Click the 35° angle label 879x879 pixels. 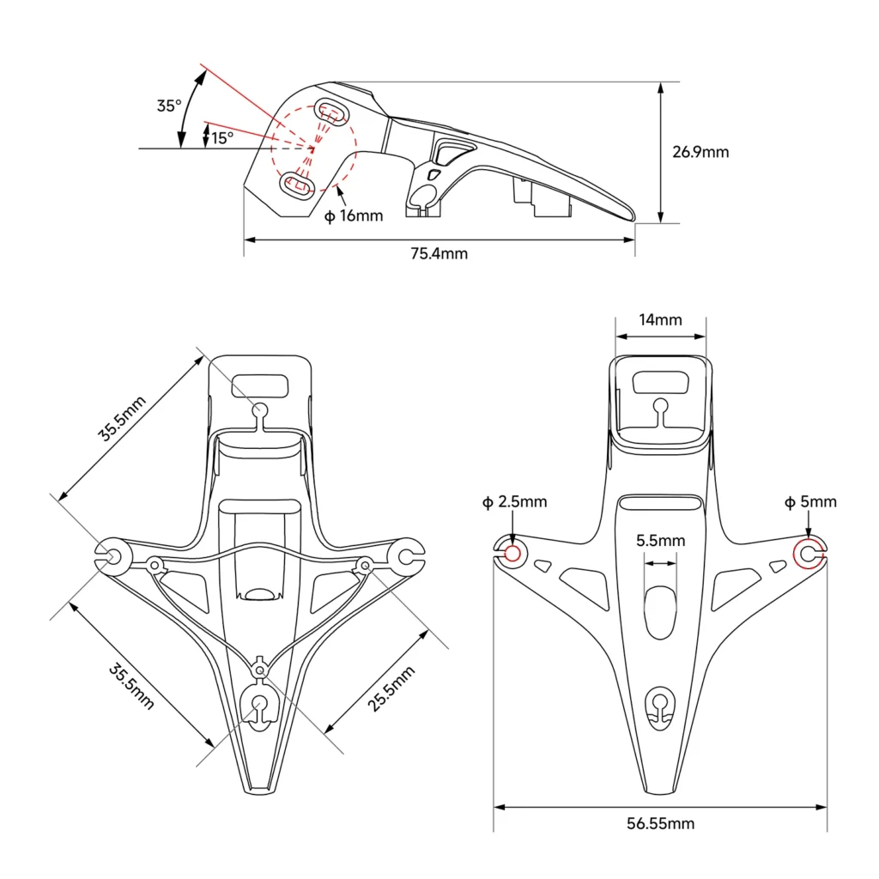(169, 106)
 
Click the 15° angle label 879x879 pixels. (222, 137)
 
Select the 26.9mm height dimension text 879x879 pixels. (700, 152)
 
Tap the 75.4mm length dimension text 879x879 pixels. (439, 253)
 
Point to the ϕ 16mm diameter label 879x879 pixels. (354, 215)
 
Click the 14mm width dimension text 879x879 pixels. (660, 319)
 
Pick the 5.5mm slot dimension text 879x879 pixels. (660, 541)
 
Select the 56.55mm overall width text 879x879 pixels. (660, 823)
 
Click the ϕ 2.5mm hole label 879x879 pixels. (515, 501)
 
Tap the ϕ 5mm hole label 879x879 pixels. (810, 501)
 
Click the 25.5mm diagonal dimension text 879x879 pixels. (391, 688)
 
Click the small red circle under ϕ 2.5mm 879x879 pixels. (512, 554)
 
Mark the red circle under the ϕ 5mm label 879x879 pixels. (808, 554)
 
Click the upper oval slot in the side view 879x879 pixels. (331, 112)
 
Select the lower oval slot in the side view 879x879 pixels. (297, 185)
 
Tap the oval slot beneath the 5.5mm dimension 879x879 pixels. (660, 613)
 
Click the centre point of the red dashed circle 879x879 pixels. (312, 149)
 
